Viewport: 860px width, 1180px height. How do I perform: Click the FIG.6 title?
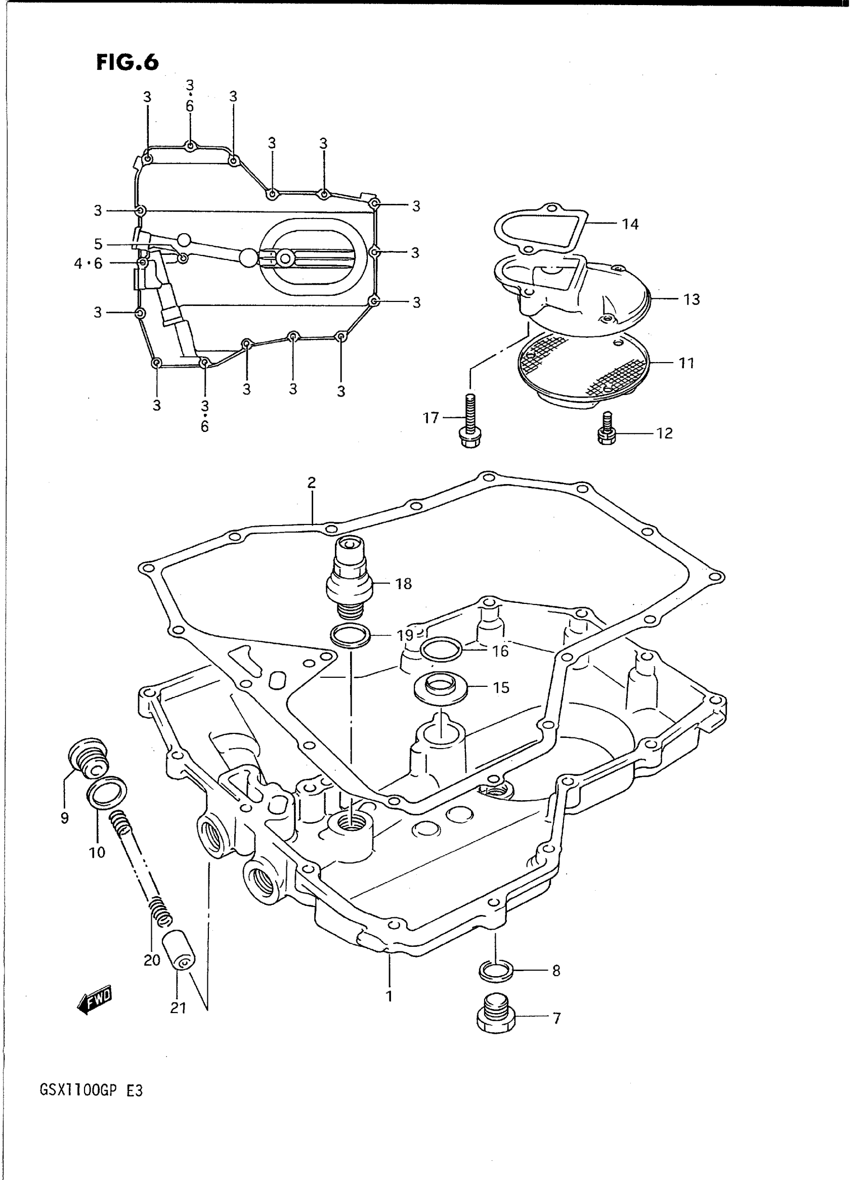point(127,62)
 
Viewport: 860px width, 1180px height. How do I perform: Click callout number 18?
point(404,584)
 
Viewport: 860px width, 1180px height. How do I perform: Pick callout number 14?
point(630,225)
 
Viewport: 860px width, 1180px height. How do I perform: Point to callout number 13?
point(692,299)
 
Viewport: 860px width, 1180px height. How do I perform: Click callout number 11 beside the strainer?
point(686,363)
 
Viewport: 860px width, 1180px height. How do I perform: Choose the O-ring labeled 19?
point(351,636)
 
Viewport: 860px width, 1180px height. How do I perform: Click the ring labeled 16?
point(441,649)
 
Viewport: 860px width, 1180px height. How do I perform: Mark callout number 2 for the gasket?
point(311,483)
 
